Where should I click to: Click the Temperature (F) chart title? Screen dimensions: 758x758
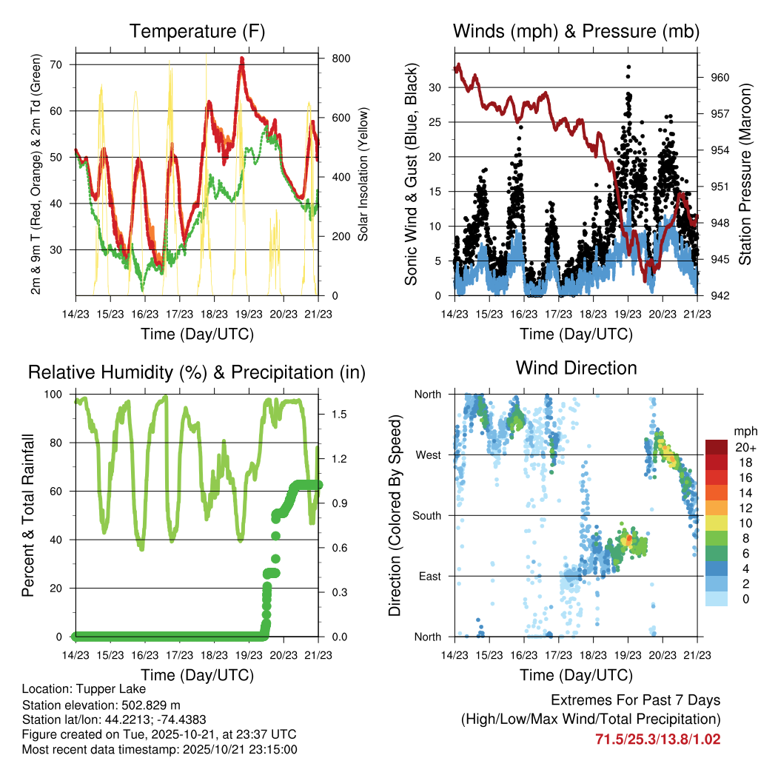click(x=197, y=32)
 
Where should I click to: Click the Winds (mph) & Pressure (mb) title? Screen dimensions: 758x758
click(x=576, y=32)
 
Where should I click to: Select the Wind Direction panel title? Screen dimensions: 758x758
click(x=576, y=368)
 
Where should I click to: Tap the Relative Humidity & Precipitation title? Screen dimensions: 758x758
click(x=197, y=372)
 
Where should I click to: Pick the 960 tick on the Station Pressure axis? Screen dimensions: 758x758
click(x=720, y=77)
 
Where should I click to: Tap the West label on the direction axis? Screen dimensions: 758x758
click(x=428, y=455)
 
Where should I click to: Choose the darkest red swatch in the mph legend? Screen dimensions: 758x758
click(x=716, y=448)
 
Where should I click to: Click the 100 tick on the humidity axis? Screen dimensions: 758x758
click(x=57, y=394)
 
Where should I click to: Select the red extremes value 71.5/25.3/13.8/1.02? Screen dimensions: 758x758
click(x=657, y=739)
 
